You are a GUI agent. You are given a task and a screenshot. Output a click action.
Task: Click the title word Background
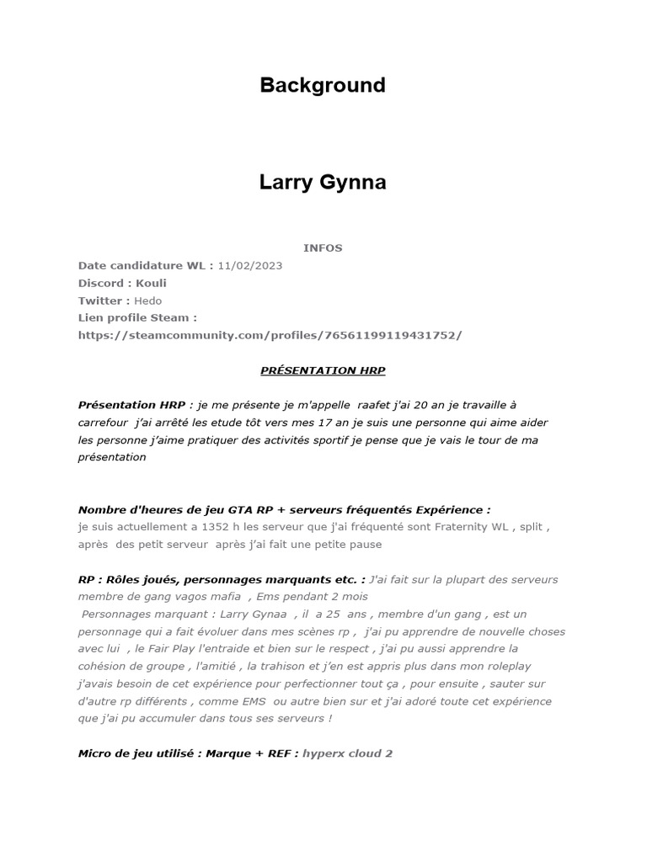(323, 85)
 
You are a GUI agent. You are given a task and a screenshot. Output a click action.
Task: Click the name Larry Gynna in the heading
(323, 183)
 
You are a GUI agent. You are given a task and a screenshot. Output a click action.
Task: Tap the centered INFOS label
(323, 247)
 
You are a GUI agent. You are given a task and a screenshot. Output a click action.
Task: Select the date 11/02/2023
(249, 265)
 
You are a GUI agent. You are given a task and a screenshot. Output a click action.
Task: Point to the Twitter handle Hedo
(147, 301)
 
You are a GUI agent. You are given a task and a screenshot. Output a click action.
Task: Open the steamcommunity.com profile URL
(270, 335)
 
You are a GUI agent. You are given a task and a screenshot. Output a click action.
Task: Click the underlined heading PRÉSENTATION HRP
(323, 370)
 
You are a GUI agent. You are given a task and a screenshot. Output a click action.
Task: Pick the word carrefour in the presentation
(104, 423)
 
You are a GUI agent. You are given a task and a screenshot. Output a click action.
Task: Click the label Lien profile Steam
(137, 317)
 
